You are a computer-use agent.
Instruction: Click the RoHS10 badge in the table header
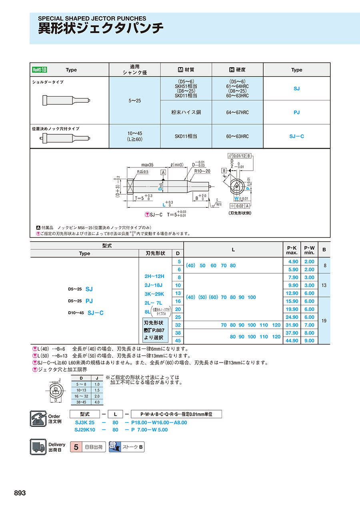point(40,70)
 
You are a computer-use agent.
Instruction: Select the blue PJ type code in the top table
point(296,113)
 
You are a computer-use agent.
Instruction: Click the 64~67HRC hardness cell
point(237,113)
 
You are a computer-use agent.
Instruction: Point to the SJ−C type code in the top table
point(296,136)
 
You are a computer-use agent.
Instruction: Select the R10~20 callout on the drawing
point(202,171)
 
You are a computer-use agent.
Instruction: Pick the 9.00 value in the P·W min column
point(309,341)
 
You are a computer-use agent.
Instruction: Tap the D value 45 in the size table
point(178,341)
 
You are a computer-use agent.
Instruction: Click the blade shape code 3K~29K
point(154,293)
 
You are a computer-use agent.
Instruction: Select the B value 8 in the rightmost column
point(324,265)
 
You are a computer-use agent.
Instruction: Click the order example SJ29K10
point(85,430)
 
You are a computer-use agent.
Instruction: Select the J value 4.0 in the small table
point(97,402)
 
